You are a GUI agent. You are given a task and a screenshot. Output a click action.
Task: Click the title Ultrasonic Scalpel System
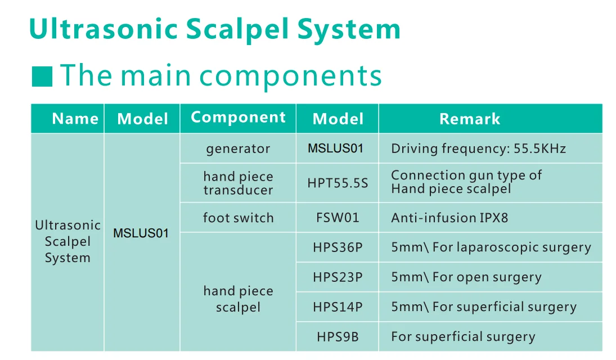point(214,30)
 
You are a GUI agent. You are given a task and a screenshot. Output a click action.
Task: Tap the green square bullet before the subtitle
point(42,76)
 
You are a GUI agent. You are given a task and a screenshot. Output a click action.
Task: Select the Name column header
point(75,119)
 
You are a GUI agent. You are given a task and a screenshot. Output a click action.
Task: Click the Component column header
point(238,118)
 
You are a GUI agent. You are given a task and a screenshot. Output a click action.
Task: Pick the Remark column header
point(470,119)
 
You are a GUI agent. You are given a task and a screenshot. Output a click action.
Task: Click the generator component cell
point(238,149)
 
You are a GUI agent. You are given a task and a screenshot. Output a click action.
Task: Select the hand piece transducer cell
point(238,183)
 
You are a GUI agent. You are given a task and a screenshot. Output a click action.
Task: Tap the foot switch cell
point(238,218)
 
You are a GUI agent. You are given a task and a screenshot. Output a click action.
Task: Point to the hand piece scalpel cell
point(238,299)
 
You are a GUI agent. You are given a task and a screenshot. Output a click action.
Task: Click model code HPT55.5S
point(338,183)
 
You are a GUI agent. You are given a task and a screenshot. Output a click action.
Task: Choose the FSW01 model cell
point(338,218)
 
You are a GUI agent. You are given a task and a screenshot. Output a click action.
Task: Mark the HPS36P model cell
point(338,247)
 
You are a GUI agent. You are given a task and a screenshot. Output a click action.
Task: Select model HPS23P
point(338,277)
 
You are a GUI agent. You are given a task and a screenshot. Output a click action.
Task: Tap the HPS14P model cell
point(338,307)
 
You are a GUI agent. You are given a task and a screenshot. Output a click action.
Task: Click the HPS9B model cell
point(338,337)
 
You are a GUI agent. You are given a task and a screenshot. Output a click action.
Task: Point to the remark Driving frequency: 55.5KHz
point(479,149)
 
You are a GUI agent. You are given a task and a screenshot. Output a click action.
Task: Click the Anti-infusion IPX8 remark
point(449,218)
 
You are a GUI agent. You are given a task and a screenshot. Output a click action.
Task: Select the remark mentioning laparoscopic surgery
point(491,247)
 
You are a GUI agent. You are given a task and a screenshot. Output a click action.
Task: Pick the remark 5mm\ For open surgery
point(466,277)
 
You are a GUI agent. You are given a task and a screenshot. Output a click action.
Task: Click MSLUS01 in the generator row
point(335,148)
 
